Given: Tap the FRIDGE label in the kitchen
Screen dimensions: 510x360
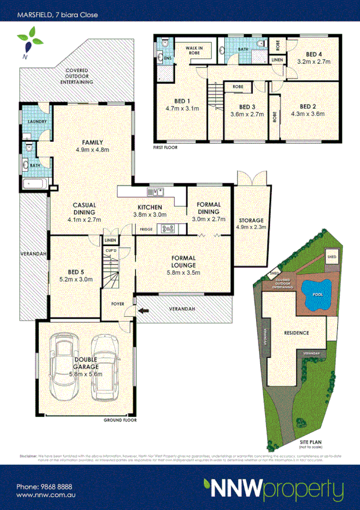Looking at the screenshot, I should tap(146, 229).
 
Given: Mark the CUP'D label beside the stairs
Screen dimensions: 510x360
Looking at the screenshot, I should tap(111, 250).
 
